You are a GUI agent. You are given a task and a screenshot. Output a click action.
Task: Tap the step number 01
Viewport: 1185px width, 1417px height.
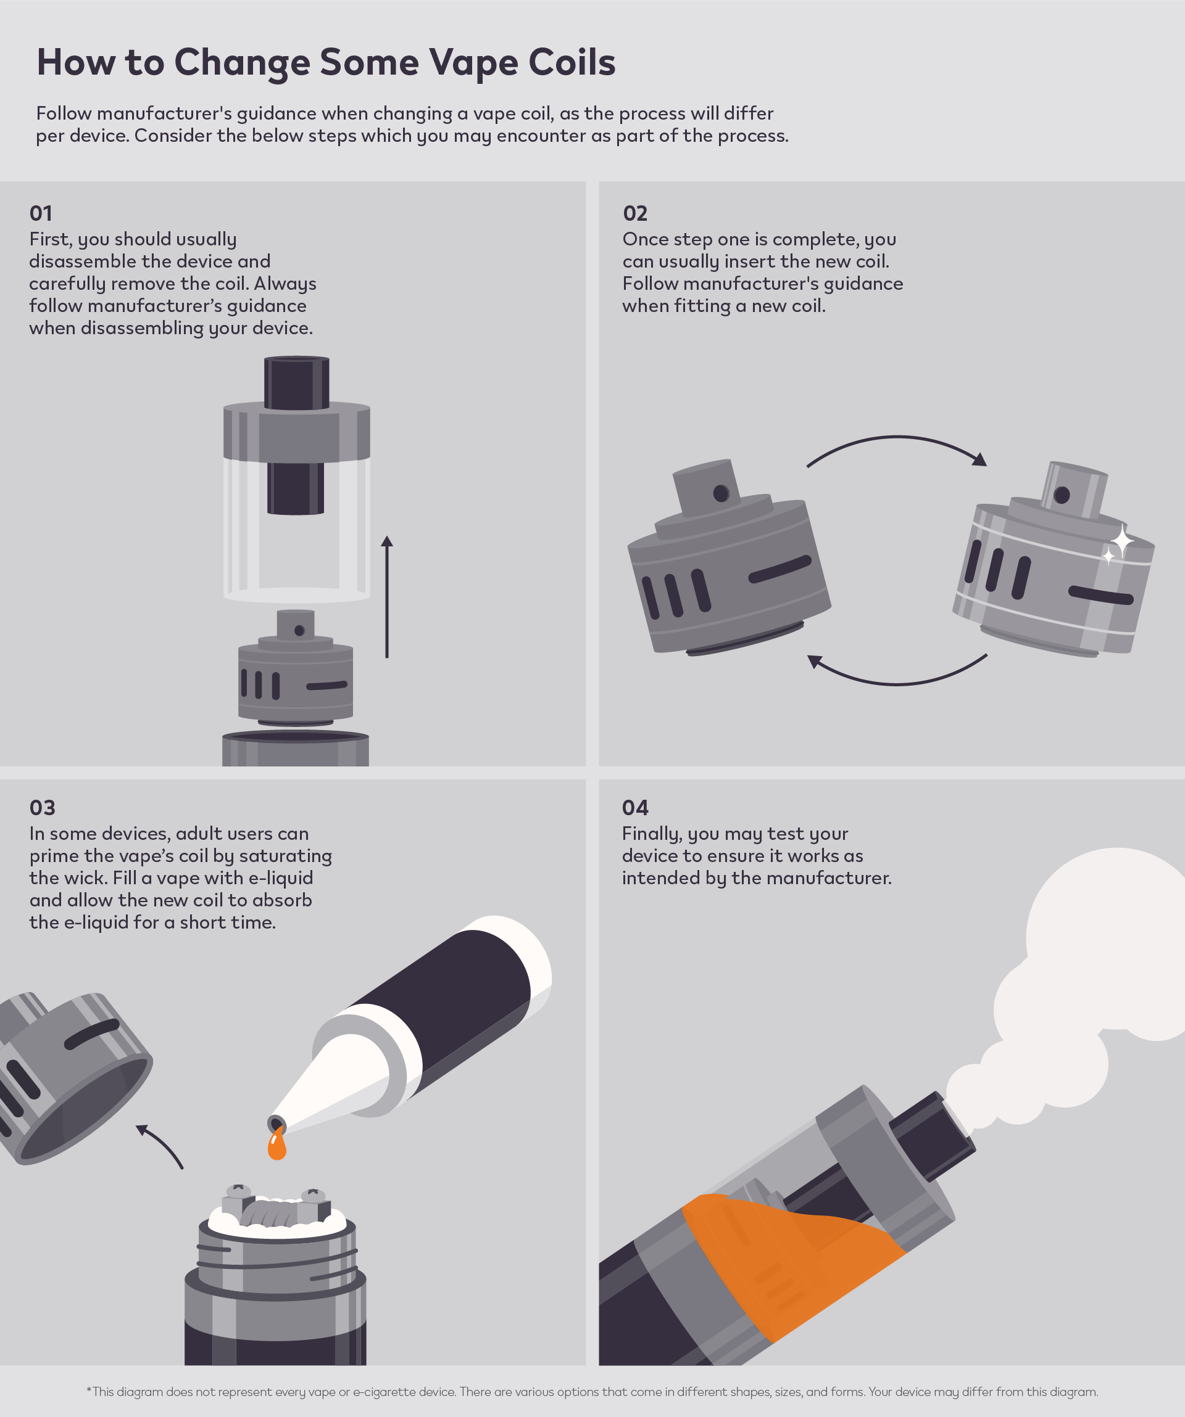click(x=41, y=213)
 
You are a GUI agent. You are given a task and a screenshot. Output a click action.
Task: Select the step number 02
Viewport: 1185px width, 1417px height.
click(x=634, y=213)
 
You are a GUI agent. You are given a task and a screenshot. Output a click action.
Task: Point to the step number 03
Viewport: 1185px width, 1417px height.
click(x=42, y=808)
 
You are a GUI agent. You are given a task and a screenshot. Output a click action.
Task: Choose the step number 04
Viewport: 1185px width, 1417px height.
click(x=634, y=808)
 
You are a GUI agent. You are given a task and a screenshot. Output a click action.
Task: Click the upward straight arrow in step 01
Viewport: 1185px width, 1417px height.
click(x=387, y=596)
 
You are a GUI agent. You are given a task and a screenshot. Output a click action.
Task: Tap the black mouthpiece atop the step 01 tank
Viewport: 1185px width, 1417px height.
click(x=296, y=382)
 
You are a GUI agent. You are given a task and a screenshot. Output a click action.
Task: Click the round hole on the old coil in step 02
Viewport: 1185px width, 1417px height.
click(x=720, y=493)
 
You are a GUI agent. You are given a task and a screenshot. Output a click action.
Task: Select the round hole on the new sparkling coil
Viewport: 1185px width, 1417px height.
click(x=1062, y=495)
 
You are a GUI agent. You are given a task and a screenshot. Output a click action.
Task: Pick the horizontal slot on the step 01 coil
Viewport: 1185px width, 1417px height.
click(x=327, y=686)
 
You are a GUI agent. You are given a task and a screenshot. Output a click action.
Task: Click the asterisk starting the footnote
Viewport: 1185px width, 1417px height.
click(x=89, y=1390)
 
